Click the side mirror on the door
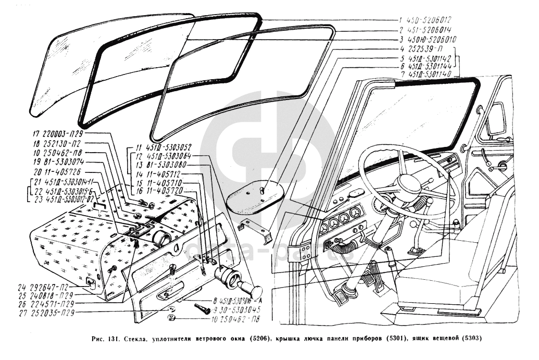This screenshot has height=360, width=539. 494,120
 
